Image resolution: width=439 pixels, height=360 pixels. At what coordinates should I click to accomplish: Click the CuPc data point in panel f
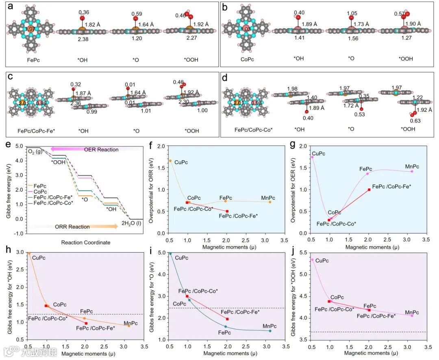[170, 161]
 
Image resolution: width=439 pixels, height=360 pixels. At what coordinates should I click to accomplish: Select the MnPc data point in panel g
[412, 171]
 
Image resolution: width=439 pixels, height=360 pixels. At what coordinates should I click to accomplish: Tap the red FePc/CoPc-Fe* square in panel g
[369, 190]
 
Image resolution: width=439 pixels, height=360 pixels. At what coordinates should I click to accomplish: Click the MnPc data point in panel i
[270, 331]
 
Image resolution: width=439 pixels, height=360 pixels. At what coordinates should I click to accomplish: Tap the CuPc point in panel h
[29, 253]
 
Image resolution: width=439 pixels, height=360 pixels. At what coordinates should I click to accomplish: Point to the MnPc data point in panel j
[412, 316]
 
